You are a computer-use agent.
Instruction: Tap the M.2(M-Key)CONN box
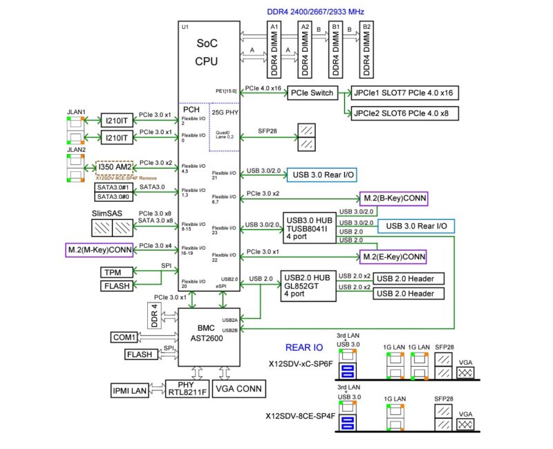[x=100, y=248]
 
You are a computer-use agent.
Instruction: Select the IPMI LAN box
[x=130, y=391]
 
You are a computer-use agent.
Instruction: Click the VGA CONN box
[x=240, y=389]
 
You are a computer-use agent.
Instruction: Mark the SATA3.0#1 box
[x=111, y=188]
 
